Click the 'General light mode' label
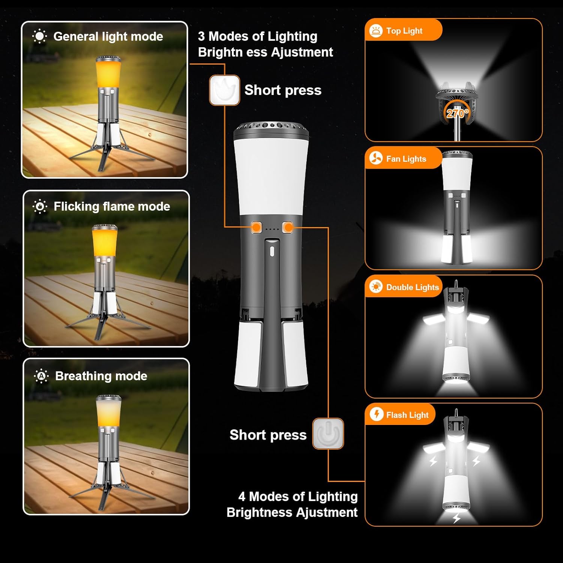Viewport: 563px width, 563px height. [x=108, y=36]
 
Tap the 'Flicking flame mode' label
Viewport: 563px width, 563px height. [x=111, y=206]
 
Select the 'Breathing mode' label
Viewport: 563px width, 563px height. [x=101, y=376]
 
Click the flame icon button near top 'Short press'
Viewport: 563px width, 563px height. [x=224, y=90]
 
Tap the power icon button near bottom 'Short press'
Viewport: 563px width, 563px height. [x=328, y=434]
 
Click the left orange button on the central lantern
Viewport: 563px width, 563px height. [x=257, y=227]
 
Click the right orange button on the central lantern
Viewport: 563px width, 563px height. [x=288, y=227]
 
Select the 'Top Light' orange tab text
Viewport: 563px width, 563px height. [x=404, y=31]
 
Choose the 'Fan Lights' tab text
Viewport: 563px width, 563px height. [x=406, y=159]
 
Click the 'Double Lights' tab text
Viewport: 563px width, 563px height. [x=412, y=287]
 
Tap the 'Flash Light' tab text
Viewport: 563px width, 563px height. [x=407, y=415]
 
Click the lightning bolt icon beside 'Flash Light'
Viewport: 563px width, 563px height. [x=376, y=414]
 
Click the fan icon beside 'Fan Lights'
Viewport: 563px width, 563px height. [x=376, y=158]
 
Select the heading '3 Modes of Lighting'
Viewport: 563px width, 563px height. [x=257, y=36]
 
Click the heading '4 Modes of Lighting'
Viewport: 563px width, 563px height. [x=298, y=497]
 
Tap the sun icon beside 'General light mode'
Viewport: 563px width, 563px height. [x=39, y=36]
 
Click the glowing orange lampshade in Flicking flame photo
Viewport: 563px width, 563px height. [x=104, y=242]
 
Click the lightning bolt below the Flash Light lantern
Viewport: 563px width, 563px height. [x=456, y=518]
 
